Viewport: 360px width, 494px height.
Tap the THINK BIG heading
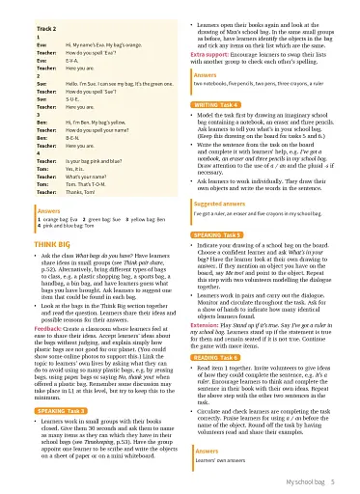(30, 246)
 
